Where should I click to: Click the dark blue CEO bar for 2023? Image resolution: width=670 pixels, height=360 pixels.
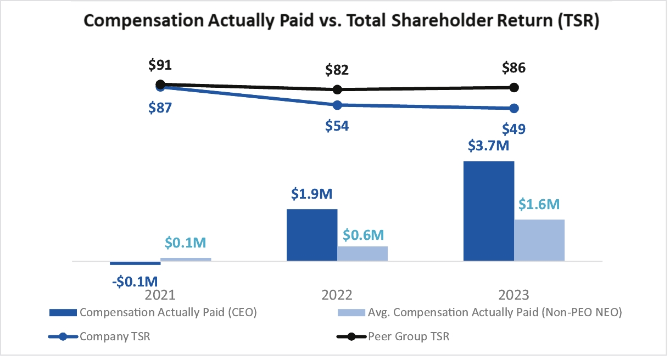(489, 211)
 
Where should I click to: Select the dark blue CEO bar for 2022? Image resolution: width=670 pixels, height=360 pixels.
(312, 235)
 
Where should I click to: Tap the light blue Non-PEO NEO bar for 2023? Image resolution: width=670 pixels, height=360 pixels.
(539, 240)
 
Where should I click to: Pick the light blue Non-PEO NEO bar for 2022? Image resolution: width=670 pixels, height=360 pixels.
(362, 254)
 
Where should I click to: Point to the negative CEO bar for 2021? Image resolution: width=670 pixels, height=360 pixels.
(135, 263)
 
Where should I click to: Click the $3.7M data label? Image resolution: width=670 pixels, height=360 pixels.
(489, 148)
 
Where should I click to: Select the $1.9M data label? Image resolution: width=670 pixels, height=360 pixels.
(312, 195)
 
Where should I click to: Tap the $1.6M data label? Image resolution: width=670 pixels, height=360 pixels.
(539, 205)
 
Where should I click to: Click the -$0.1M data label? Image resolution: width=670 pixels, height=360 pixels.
(135, 281)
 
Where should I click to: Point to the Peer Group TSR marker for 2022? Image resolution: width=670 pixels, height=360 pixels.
(338, 89)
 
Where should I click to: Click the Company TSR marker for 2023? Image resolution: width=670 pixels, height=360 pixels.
(514, 108)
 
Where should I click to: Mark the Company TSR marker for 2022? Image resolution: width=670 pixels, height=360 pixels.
(338, 105)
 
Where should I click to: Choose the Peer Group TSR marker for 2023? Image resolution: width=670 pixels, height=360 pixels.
(514, 87)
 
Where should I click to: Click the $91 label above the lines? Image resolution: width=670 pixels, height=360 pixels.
(160, 65)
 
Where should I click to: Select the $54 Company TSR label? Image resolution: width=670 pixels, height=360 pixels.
(337, 126)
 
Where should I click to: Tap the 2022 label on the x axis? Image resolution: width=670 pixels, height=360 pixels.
(337, 294)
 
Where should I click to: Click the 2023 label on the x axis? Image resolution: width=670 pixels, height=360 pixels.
(513, 294)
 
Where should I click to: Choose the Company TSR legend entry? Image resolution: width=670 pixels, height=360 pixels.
(99, 336)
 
